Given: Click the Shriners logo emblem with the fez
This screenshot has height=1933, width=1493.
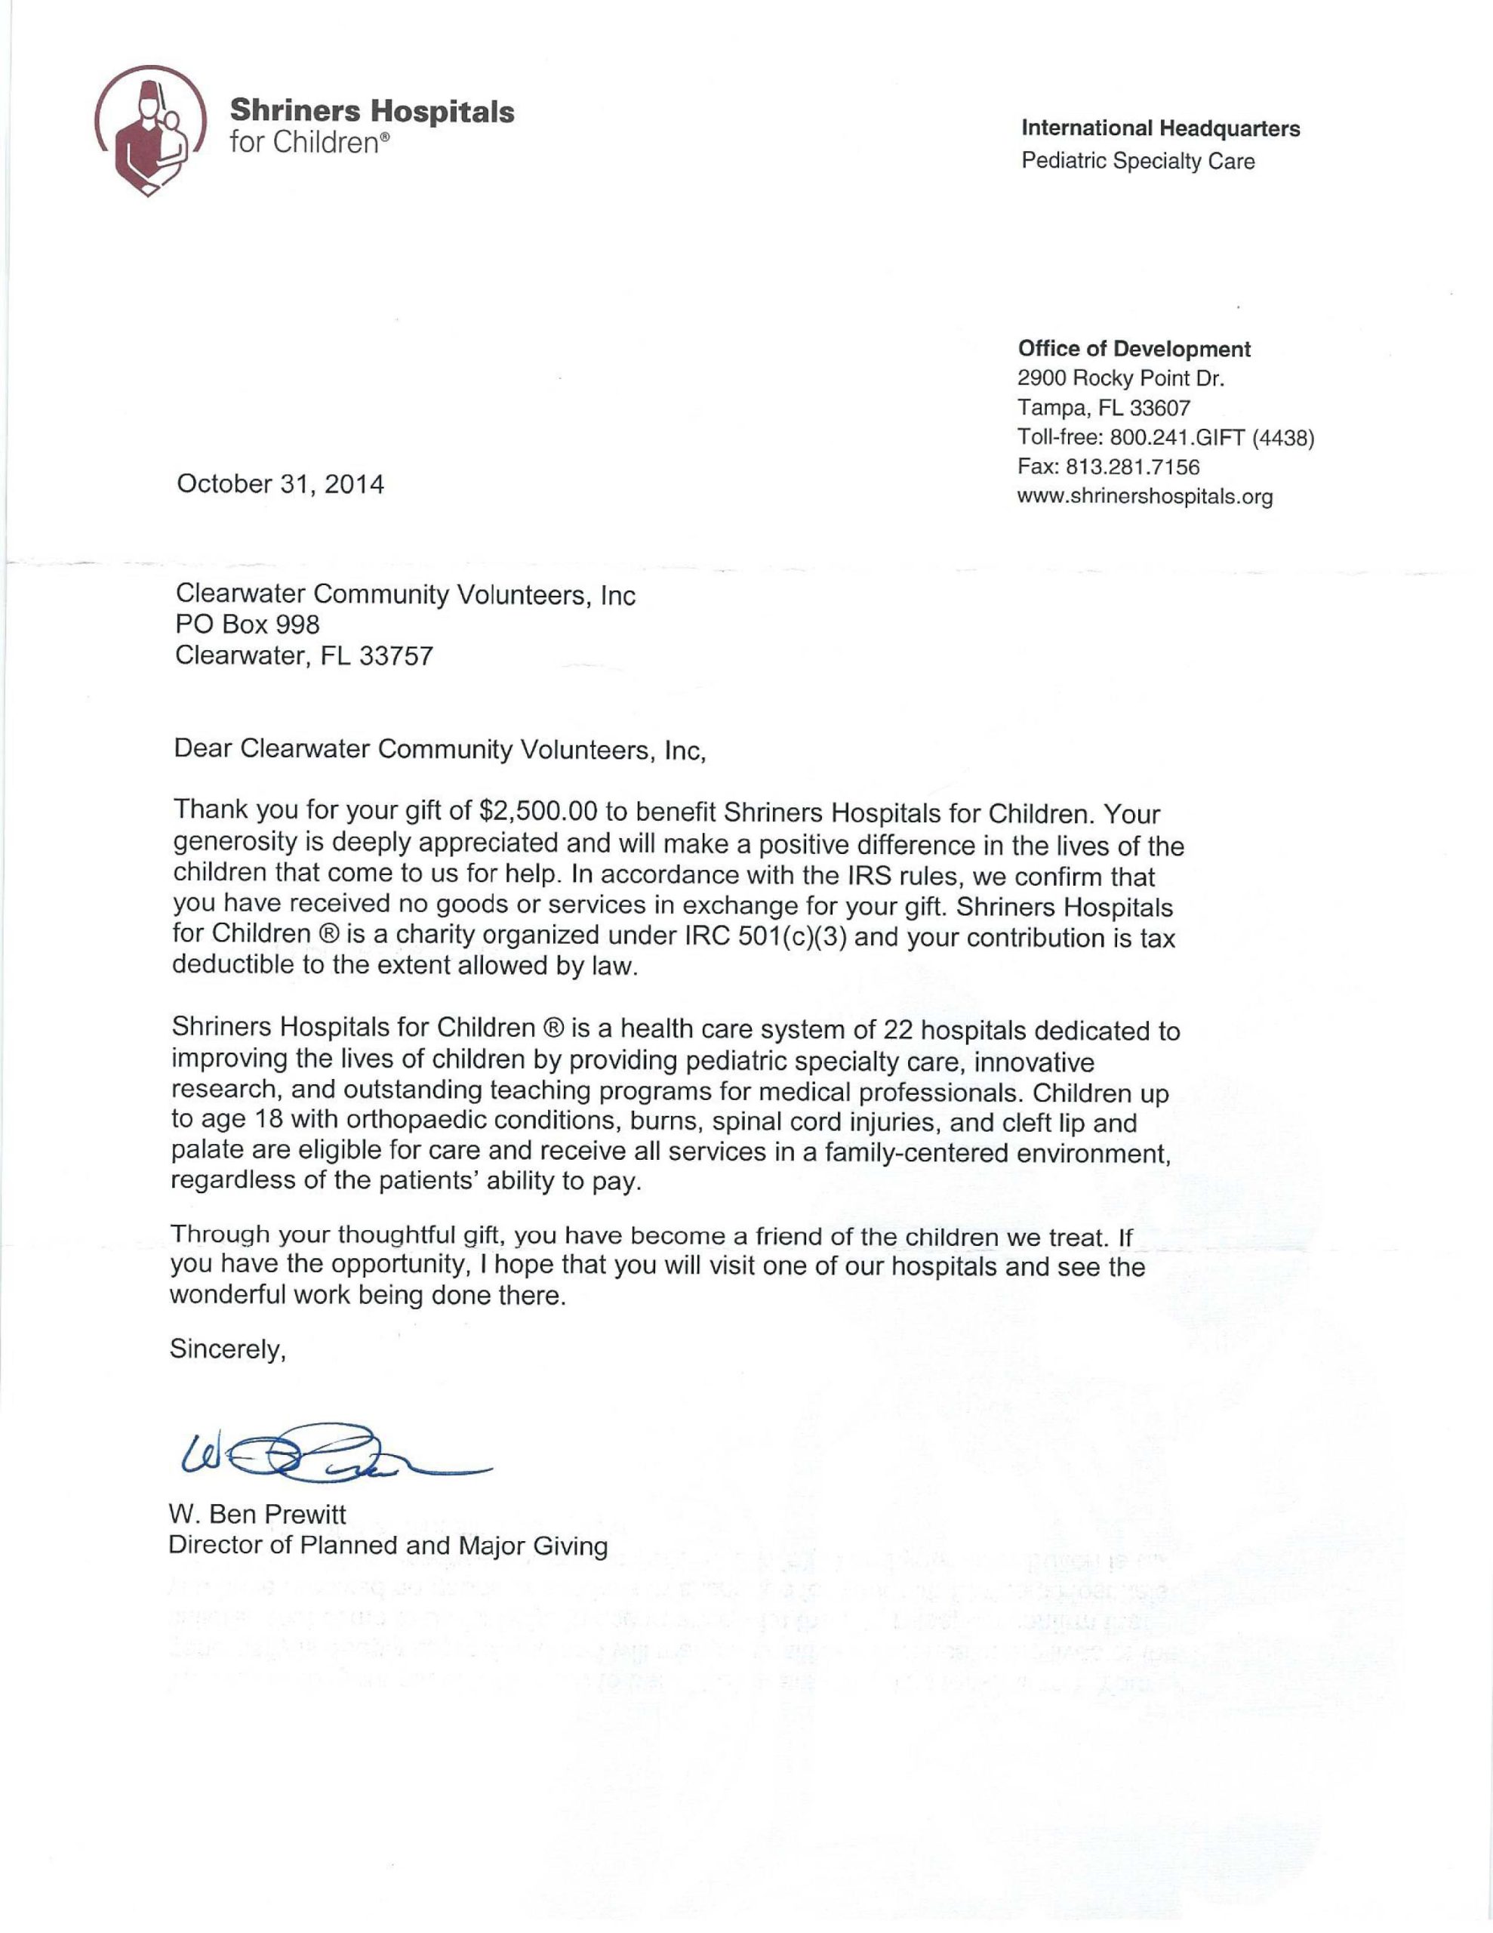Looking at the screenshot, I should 150,131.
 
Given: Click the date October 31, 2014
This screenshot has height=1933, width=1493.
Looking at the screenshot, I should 281,484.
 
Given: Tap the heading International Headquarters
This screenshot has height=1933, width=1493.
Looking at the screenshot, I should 1160,128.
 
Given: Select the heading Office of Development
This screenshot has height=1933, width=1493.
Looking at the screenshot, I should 1134,349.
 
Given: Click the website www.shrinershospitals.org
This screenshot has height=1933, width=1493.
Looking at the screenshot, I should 1144,497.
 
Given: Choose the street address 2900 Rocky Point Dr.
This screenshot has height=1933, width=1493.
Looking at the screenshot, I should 1120,379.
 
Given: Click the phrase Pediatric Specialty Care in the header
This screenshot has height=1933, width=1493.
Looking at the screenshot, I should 1137,161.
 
